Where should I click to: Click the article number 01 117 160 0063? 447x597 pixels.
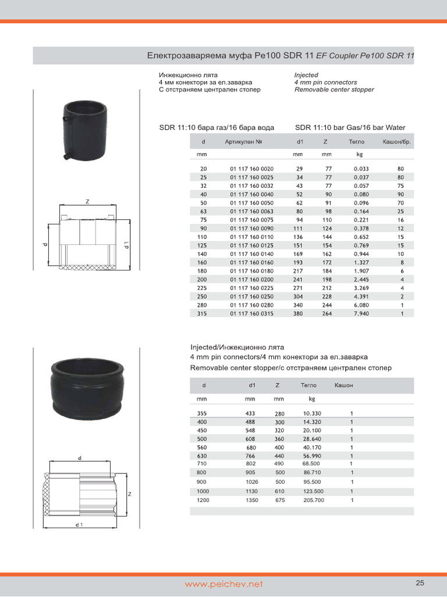[251, 211]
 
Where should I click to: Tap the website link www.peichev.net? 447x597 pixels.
[224, 584]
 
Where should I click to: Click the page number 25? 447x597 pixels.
[420, 582]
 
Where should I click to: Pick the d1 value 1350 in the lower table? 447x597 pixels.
[251, 500]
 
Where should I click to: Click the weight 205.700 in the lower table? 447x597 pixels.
[314, 500]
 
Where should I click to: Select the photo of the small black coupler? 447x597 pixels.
[85, 128]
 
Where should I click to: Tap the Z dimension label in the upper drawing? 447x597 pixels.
[87, 202]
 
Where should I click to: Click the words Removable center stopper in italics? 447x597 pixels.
[334, 90]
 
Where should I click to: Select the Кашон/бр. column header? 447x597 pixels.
[396, 142]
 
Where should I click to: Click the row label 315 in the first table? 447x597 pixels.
[203, 313]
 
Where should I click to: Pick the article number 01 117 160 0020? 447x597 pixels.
[251, 168]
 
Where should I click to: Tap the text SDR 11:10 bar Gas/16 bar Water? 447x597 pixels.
[350, 128]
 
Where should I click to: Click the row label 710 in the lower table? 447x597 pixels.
[202, 463]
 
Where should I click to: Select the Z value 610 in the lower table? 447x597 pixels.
[280, 491]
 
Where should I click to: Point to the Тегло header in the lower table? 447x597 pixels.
[308, 385]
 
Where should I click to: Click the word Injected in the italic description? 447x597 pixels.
[306, 75]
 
